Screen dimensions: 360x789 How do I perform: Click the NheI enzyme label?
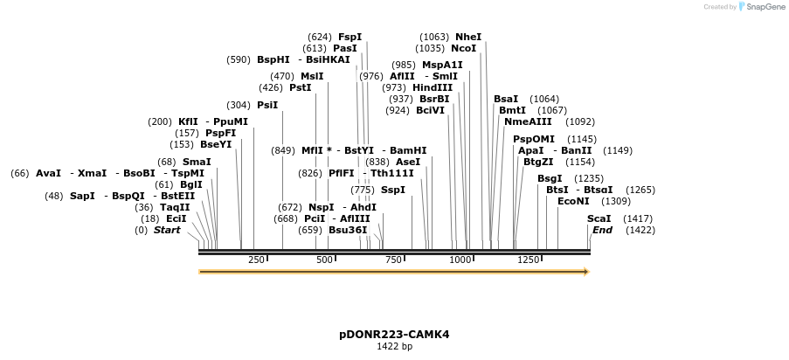coord(468,37)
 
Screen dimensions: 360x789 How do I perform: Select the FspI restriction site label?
coord(350,37)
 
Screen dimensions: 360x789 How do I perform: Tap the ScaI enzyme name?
coord(599,218)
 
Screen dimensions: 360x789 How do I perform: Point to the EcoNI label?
coord(573,201)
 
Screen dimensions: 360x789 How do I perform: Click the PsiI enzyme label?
coord(267,105)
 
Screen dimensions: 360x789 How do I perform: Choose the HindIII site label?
coord(433,87)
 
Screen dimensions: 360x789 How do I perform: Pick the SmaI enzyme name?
coord(197,162)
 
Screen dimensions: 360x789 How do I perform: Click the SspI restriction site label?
coord(393,190)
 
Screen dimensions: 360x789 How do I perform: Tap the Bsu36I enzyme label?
coord(348,230)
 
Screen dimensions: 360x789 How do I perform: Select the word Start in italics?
coord(167,230)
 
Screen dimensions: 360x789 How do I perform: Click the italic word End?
coord(602,230)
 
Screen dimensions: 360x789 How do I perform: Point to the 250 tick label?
coord(256,260)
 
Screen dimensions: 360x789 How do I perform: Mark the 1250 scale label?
coord(528,260)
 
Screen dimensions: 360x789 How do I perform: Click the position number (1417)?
coord(638,218)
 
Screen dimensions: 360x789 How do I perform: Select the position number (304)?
coord(238,105)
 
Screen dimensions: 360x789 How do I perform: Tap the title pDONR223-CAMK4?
coord(394,335)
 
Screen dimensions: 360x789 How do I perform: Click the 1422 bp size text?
coord(394,347)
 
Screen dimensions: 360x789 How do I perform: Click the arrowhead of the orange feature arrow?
coord(586,272)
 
